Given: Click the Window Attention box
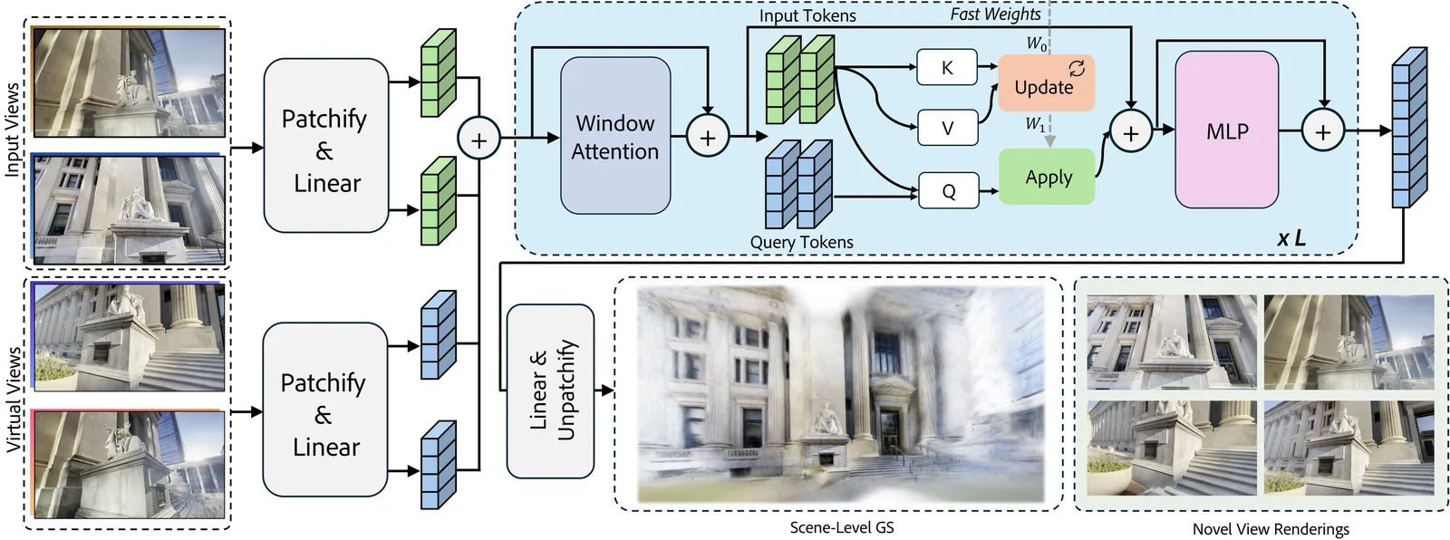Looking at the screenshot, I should click(x=615, y=136).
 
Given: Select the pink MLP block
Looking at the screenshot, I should click(x=1226, y=130).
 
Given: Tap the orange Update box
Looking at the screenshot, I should click(x=1046, y=83).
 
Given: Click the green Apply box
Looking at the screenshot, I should click(x=1047, y=178).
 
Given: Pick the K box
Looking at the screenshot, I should click(x=947, y=67).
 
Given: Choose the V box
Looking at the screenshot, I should click(x=947, y=128).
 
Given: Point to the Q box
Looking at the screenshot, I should click(x=948, y=190).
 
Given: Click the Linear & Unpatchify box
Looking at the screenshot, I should click(x=550, y=391).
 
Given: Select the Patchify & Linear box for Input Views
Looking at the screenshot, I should click(x=326, y=146).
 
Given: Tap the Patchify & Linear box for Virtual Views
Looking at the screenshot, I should click(x=324, y=410).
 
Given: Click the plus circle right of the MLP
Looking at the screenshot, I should click(x=1323, y=132).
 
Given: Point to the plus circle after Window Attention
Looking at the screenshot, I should click(x=707, y=138).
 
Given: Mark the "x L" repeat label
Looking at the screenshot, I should click(x=1291, y=238).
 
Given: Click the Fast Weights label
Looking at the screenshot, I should click(x=995, y=14).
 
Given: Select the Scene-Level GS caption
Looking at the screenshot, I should click(x=841, y=527).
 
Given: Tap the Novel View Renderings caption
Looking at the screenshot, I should click(x=1270, y=529).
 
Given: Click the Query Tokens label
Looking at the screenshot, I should click(x=801, y=243).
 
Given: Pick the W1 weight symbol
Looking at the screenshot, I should click(x=1035, y=124).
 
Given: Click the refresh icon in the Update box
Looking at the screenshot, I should click(x=1077, y=68).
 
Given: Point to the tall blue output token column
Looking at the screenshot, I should click(x=1408, y=129).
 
